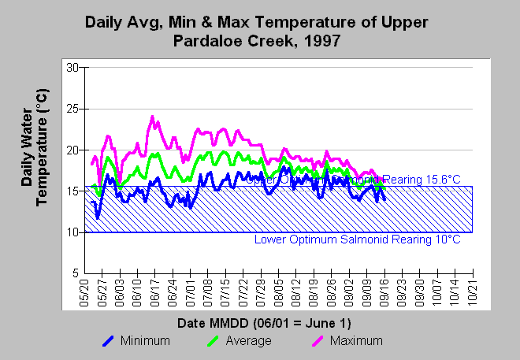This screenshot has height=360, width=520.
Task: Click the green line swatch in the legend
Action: click(215, 341)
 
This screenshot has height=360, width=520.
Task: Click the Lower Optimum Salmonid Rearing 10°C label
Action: click(357, 239)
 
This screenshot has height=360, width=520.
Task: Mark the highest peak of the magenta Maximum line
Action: click(152, 117)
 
